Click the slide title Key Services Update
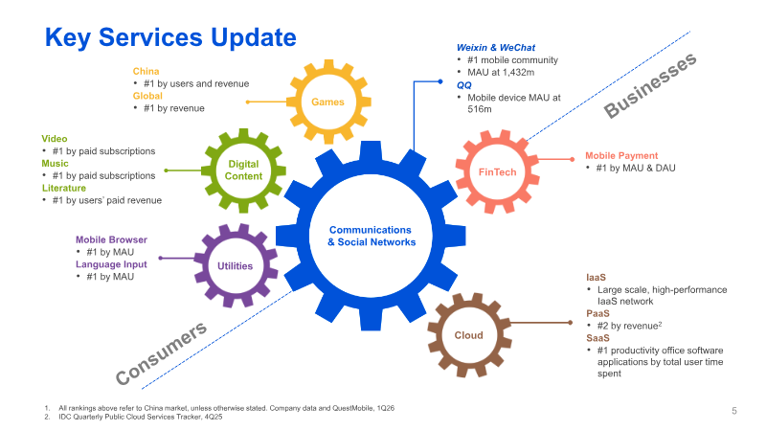(170, 37)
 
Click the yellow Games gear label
(327, 102)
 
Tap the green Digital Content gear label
(243, 170)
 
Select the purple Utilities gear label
(235, 266)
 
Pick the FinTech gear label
(497, 172)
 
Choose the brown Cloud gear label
(468, 335)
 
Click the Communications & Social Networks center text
(372, 236)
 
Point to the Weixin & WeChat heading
(496, 47)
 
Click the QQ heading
(464, 85)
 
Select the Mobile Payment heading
(621, 155)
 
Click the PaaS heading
(597, 313)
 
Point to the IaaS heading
(596, 277)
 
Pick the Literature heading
(64, 188)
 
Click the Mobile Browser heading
(111, 239)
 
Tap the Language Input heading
(111, 264)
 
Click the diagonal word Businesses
(650, 85)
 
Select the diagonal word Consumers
(161, 353)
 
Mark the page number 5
(734, 411)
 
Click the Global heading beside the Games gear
(147, 96)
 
